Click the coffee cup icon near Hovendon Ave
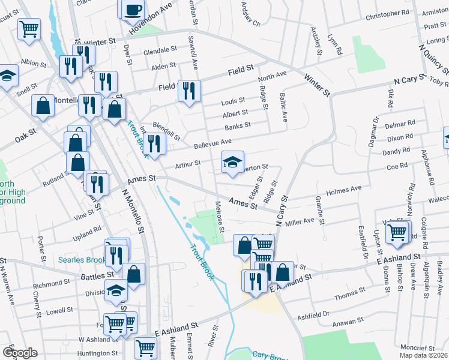pyautogui.click(x=133, y=10)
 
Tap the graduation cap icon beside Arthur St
pyautogui.click(x=233, y=161)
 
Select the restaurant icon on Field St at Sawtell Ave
pyautogui.click(x=189, y=91)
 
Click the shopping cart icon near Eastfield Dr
pyautogui.click(x=397, y=232)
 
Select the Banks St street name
pyautogui.click(x=237, y=126)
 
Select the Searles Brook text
pyautogui.click(x=82, y=260)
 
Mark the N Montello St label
pyautogui.click(x=133, y=211)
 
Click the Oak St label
pyautogui.click(x=22, y=137)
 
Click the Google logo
pyautogui.click(x=20, y=353)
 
